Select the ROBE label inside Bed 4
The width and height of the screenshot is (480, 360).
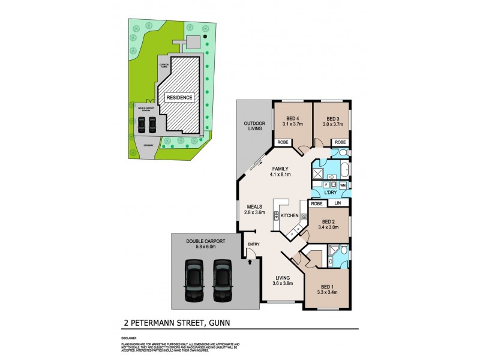tap(283, 142)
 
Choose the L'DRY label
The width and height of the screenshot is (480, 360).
tap(329, 193)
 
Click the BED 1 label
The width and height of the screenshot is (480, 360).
tap(329, 287)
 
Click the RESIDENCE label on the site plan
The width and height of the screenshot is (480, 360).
tap(179, 97)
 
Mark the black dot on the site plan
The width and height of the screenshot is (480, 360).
tap(205, 37)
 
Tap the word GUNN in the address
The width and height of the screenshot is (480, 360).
tap(220, 322)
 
